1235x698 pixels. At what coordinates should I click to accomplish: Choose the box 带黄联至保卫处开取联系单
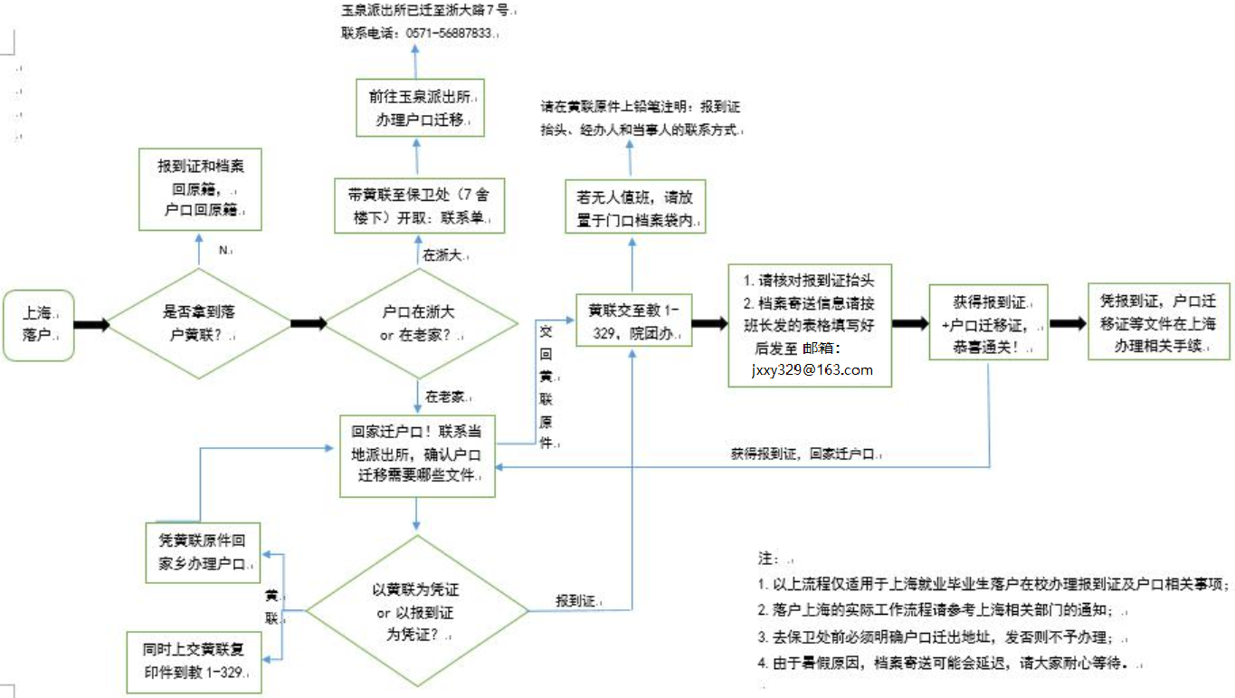pos(417,206)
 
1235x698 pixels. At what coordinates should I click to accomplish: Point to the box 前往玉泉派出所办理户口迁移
pos(417,108)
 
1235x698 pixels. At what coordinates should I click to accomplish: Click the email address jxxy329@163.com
pos(812,369)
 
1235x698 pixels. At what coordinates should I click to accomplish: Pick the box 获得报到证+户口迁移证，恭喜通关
pos(988,323)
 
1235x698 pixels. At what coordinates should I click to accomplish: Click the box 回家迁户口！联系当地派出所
pos(417,455)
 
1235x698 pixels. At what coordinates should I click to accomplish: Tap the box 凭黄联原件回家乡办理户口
pos(202,551)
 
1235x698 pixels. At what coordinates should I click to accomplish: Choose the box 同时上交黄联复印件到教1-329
pos(194,662)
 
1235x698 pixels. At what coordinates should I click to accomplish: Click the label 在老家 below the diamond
pos(445,397)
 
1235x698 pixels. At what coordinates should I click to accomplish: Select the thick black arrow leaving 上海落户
pos(91,324)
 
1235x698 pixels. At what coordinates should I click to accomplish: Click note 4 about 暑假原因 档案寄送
pos(945,663)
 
